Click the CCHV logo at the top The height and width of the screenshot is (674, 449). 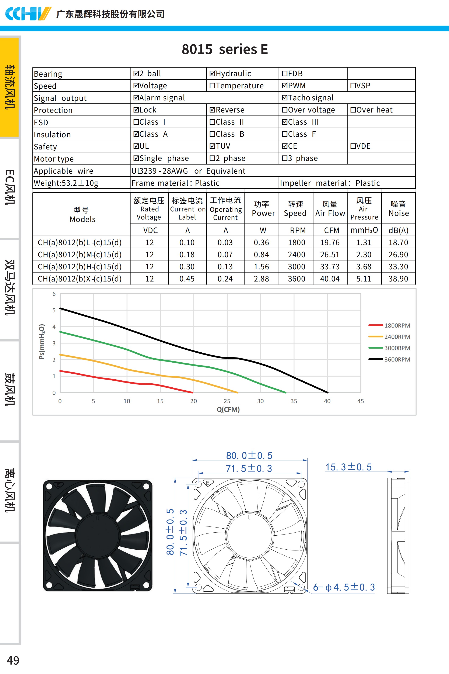click(x=28, y=13)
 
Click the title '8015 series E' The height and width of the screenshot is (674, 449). click(x=225, y=49)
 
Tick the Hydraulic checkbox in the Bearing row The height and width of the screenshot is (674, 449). click(x=212, y=73)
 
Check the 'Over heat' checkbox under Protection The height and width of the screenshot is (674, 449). click(x=353, y=110)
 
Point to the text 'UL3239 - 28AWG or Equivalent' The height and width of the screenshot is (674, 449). click(x=188, y=171)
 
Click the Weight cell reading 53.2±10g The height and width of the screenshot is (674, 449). click(x=66, y=183)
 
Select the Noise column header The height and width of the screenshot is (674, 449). click(x=398, y=209)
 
